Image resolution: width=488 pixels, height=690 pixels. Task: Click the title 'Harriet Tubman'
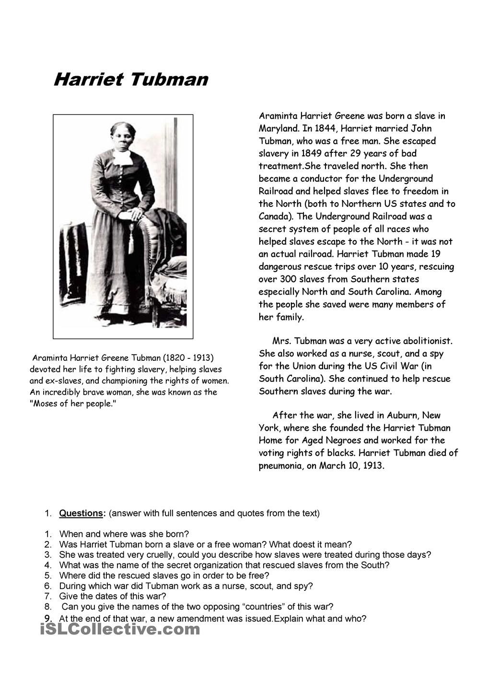131,80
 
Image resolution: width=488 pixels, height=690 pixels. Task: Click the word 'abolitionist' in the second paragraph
426,341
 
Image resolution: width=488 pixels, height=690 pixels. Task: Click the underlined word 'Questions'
81,513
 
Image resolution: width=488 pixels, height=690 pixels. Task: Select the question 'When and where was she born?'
124,534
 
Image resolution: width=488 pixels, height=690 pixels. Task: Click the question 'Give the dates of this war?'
113,596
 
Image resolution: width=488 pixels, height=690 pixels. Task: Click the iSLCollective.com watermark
120,629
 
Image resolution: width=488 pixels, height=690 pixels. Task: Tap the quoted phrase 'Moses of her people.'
73,403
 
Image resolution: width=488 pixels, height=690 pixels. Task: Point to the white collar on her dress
122,156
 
